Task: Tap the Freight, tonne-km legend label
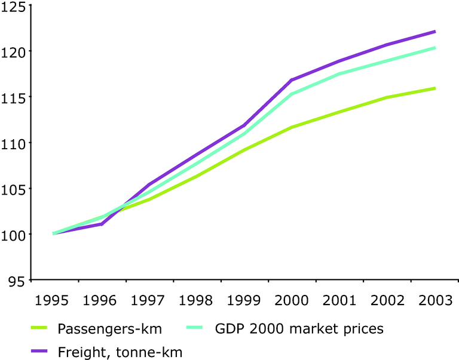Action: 120,352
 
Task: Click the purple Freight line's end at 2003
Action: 434,31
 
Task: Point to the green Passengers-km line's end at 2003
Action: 434,88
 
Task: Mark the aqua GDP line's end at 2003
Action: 434,48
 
